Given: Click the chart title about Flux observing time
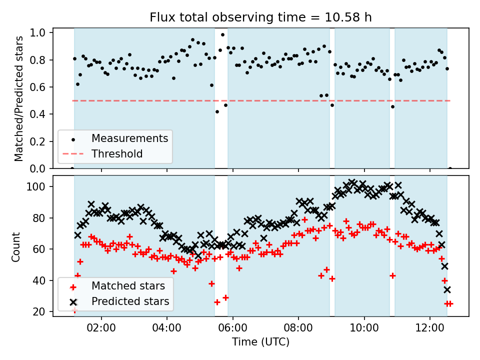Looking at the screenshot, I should coord(260,17).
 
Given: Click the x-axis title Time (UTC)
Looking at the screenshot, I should coord(260,342).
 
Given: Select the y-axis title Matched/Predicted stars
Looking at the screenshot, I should coord(19,98).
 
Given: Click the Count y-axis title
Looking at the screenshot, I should coord(16,246).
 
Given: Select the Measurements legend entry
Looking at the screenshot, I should coord(129,138).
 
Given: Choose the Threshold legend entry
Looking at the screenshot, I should coord(117,153).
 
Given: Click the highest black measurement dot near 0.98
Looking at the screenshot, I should coord(222,34).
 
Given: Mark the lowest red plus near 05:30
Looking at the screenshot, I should coord(217,302).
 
